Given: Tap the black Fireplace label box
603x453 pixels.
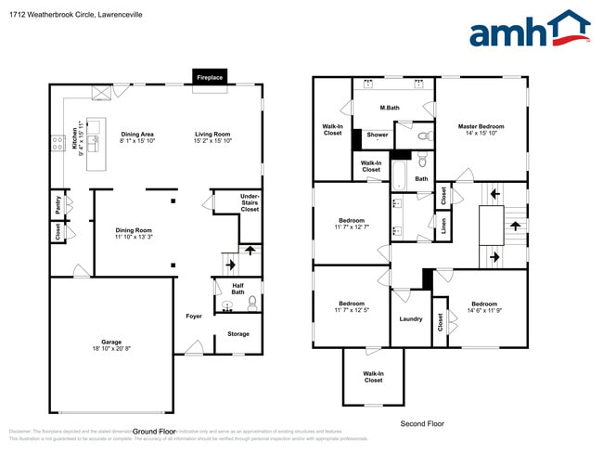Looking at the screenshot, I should pyautogui.click(x=210, y=78).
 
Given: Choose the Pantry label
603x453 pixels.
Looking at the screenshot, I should pyautogui.click(x=58, y=204).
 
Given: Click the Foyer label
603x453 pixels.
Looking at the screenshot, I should pyautogui.click(x=193, y=317).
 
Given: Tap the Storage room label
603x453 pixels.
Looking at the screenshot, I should pyautogui.click(x=238, y=334).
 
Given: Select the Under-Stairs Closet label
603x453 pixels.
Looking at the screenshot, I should pyautogui.click(x=250, y=203).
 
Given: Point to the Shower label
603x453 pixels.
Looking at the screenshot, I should pyautogui.click(x=378, y=136).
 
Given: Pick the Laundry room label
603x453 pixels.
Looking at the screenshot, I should pyautogui.click(x=410, y=319).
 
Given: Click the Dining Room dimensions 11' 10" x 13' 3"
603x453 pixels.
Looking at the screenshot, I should pyautogui.click(x=134, y=238).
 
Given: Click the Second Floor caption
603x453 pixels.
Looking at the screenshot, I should pyautogui.click(x=422, y=423).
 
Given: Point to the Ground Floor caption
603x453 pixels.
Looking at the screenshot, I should pyautogui.click(x=154, y=432).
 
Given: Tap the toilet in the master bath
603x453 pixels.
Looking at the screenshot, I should pyautogui.click(x=423, y=136).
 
